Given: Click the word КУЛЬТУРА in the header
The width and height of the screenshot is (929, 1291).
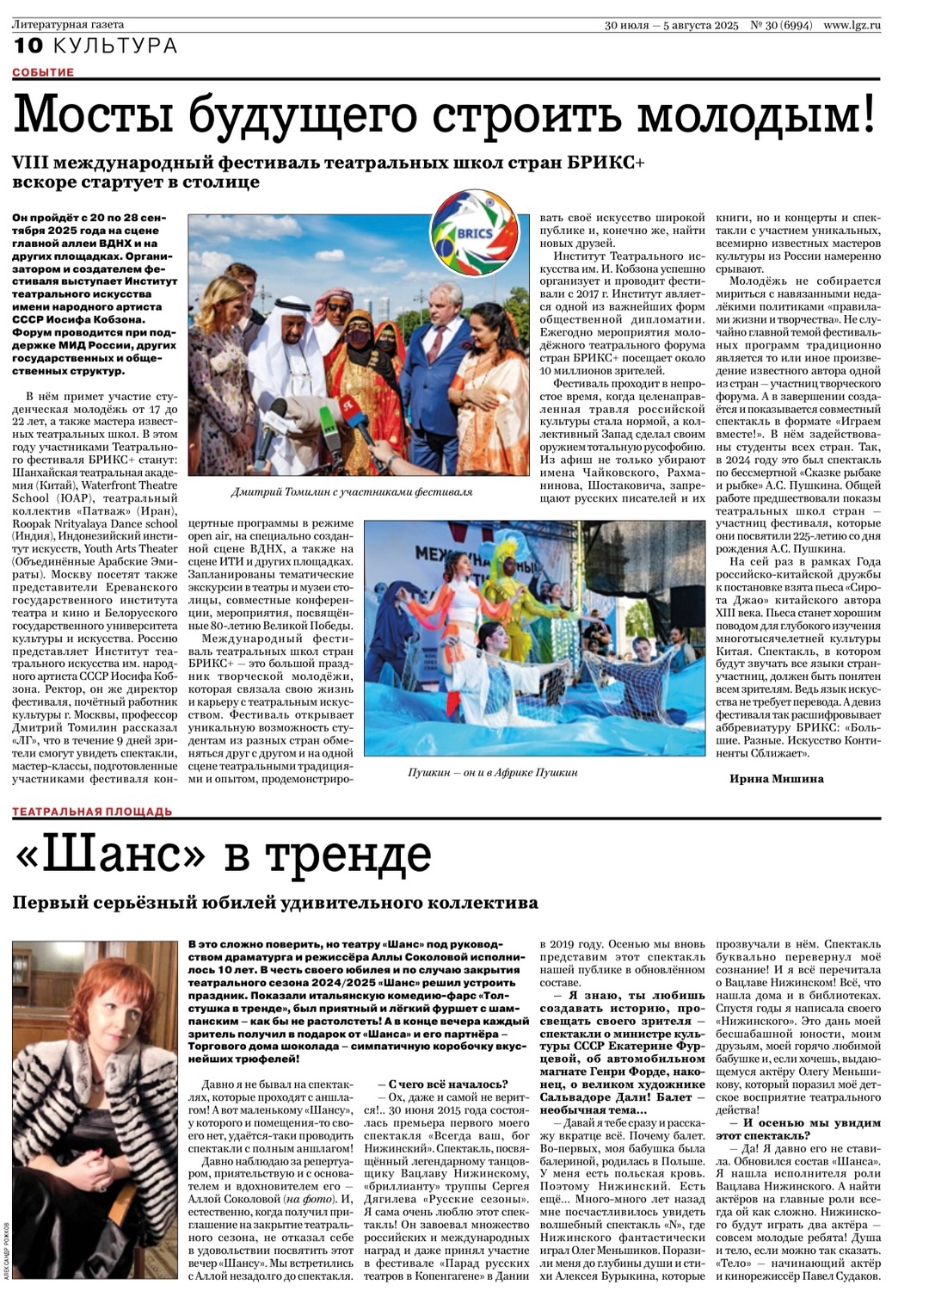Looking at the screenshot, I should tap(115, 46).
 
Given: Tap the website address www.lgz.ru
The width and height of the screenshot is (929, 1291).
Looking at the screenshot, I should tap(852, 25).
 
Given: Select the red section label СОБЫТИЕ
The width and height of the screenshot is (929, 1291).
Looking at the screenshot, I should tap(43, 72).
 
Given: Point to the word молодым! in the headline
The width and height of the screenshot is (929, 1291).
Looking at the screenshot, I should tap(757, 114).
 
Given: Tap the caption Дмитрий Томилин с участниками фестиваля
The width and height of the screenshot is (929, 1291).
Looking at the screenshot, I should tap(352, 492).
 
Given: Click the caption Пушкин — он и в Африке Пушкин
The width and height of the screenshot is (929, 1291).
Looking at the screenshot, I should tap(492, 773).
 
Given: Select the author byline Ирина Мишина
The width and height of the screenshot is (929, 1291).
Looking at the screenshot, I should tap(776, 779).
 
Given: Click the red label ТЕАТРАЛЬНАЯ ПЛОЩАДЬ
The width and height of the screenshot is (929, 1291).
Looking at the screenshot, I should tap(92, 812).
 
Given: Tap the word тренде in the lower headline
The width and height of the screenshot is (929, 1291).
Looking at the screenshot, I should tap(348, 855).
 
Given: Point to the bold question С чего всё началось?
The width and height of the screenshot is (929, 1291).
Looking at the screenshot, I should tap(447, 1084).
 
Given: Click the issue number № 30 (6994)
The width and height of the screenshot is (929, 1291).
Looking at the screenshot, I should tap(781, 25).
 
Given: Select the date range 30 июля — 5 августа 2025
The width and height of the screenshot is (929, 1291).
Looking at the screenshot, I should tap(671, 25).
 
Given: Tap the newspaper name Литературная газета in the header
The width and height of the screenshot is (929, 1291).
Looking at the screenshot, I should tap(68, 25).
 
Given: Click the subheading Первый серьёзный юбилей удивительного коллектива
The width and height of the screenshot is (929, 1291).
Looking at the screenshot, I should tap(275, 903).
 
